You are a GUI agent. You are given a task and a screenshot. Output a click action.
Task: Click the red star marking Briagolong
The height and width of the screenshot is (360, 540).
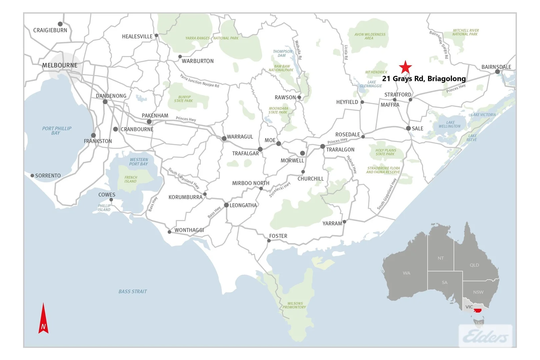coord(405,67)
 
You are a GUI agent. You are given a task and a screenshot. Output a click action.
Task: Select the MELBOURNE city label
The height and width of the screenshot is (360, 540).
coord(60,65)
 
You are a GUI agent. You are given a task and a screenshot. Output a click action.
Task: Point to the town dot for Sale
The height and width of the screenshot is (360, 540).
coord(408,128)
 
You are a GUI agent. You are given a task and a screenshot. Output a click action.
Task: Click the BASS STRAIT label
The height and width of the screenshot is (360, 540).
coord(133,291)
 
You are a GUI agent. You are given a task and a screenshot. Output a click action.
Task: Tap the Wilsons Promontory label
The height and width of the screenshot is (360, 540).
coord(295,305)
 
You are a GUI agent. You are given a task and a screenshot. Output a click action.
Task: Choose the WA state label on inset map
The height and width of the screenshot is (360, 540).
coord(406,273)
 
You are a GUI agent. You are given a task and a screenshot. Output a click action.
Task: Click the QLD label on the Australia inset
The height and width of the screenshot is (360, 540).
coord(474,265)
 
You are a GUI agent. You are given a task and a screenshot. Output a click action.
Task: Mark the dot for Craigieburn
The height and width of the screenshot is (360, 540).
coord(60,24)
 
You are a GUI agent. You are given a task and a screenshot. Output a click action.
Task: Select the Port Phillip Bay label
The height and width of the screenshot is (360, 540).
coord(57,130)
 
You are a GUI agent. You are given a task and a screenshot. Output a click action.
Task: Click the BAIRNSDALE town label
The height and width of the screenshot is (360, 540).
coord(496,67)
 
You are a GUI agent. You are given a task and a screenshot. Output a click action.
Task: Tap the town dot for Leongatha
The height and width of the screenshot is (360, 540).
coord(226,205)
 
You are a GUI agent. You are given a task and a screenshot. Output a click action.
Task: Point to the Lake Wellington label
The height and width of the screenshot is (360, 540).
coord(450,124)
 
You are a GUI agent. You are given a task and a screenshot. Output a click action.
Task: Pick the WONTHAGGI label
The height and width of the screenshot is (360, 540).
coord(189,230)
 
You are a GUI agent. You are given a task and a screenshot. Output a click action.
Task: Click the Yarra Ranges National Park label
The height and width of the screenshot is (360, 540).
coord(212,38)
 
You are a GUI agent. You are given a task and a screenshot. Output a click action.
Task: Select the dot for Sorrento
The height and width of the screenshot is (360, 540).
coord(32,176)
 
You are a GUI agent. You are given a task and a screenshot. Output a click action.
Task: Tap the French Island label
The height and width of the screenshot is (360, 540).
coord(131,179)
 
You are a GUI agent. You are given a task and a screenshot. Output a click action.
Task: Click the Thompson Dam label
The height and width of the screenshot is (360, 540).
coord(282,53)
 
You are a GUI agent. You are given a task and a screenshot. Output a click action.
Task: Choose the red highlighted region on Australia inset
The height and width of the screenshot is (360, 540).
coord(478,310)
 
